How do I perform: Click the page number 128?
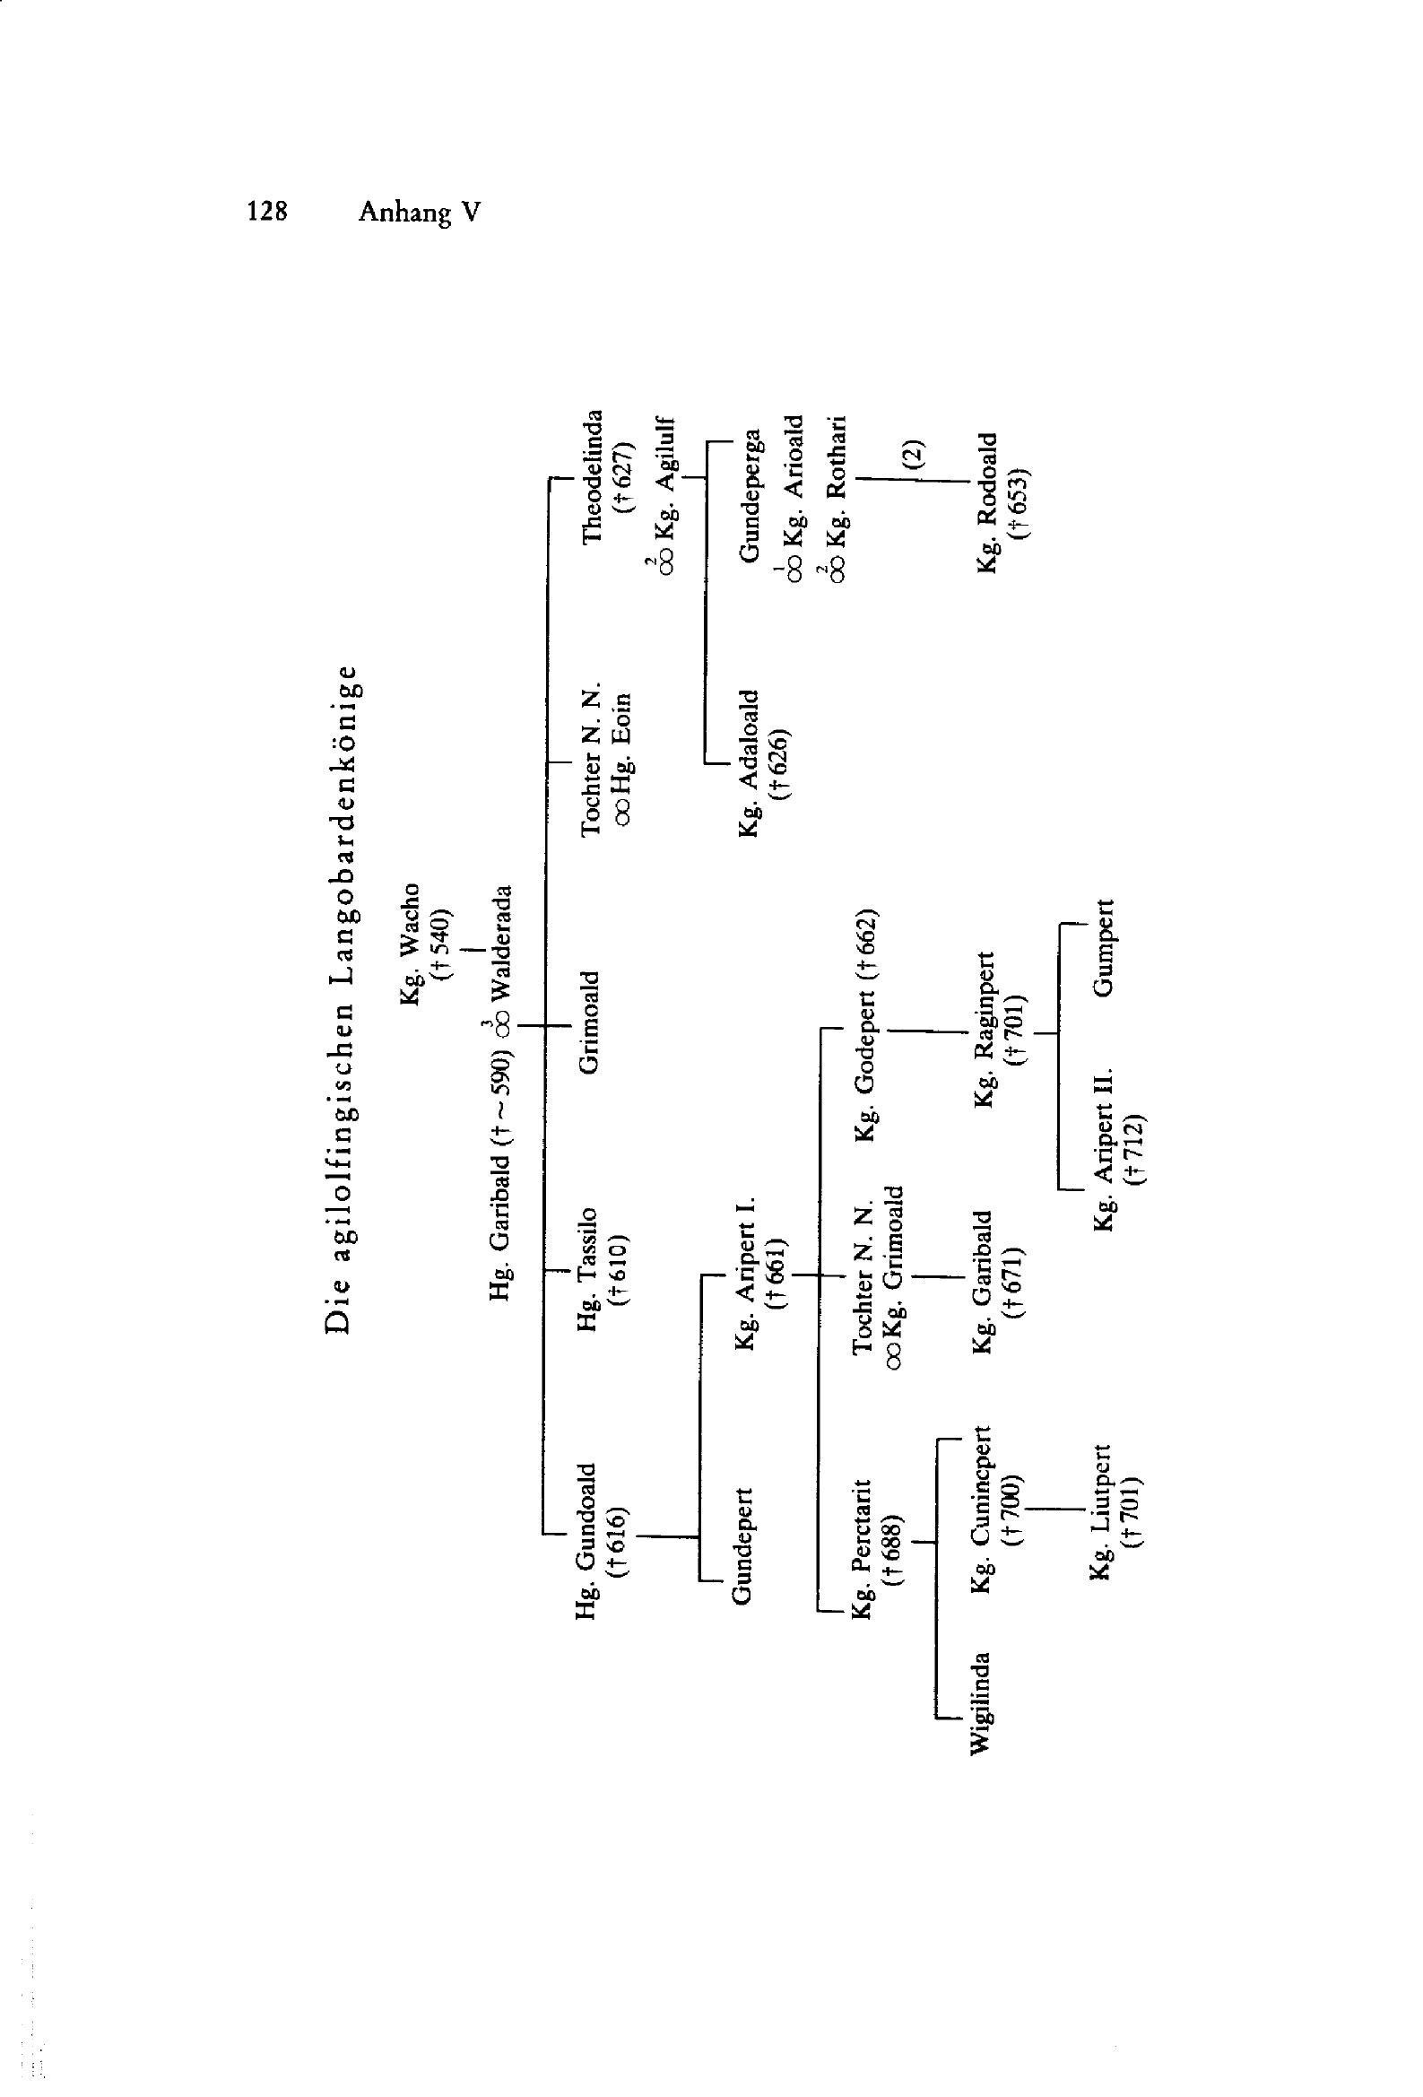pos(267,211)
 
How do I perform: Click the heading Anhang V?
pos(420,212)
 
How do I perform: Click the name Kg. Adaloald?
pos(750,763)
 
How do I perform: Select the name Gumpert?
pos(1105,947)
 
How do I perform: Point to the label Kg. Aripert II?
pos(1105,1151)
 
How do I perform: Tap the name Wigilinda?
pos(980,1702)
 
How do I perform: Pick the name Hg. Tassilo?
pos(587,1268)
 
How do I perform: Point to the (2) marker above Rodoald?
pos(915,452)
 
